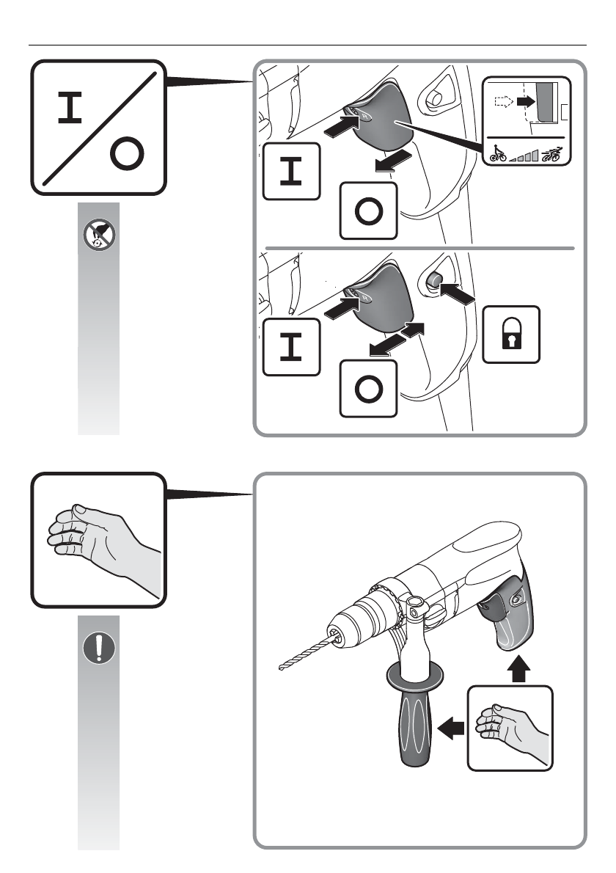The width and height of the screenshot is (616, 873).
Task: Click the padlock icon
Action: (x=511, y=334)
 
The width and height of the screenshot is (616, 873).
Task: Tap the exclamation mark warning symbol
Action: (x=98, y=648)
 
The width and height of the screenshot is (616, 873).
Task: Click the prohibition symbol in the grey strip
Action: (x=98, y=234)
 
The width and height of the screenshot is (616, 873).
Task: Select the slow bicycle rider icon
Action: (x=498, y=154)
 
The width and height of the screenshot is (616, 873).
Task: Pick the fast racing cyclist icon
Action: (x=552, y=153)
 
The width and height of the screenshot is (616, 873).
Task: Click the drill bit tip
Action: (x=281, y=668)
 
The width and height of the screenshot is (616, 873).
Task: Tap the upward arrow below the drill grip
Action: (x=519, y=668)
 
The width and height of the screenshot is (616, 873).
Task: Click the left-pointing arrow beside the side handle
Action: (x=451, y=728)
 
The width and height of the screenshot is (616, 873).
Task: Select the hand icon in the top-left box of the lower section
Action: (x=98, y=539)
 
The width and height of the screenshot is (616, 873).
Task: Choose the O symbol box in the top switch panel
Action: (x=368, y=211)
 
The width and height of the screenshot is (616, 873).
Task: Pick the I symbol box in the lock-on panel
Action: (x=291, y=346)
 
